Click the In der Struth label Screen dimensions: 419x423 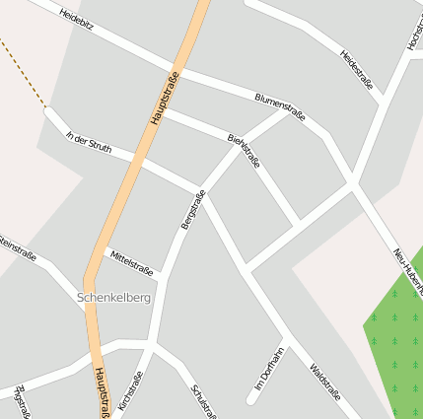tap(88, 142)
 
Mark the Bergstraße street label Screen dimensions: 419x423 tap(192, 209)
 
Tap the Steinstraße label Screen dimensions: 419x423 tap(17, 246)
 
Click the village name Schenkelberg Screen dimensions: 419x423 tap(114, 297)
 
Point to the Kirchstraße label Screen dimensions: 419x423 tap(130, 389)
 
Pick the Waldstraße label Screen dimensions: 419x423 tap(324, 381)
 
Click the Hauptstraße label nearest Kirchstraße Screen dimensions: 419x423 tap(101, 392)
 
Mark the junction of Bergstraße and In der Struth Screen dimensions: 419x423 tap(204, 189)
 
